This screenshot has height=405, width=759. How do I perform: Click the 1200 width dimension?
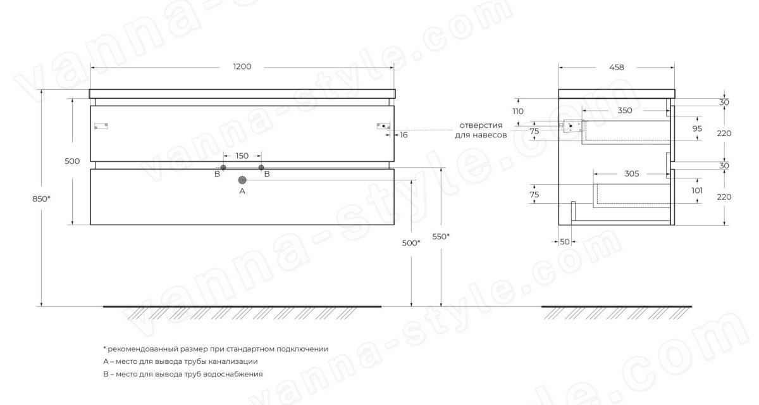242,66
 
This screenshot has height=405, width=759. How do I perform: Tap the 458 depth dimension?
616,68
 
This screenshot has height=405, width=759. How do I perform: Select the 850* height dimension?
41,199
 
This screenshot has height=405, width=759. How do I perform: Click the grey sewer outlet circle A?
242,180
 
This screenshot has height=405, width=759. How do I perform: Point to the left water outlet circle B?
223,168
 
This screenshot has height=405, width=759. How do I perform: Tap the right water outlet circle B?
261,168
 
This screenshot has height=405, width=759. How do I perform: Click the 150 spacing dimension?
242,156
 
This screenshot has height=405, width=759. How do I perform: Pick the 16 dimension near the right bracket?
404,135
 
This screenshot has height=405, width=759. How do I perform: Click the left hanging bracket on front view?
101,126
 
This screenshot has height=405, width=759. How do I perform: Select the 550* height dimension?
441,237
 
